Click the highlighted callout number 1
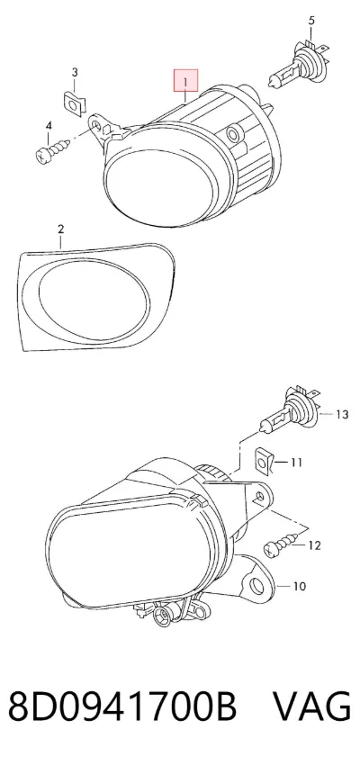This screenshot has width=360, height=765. [x=185, y=81]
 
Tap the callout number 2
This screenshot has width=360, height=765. [x=60, y=229]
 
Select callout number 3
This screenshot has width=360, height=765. [x=75, y=73]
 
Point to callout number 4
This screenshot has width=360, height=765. [x=49, y=126]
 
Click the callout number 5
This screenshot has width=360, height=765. [x=311, y=21]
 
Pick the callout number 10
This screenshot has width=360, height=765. [x=299, y=586]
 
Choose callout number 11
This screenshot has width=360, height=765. [x=297, y=462]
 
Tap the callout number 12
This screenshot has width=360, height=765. [x=315, y=545]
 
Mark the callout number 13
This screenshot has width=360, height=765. [x=342, y=415]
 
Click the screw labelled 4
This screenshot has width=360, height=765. [x=53, y=148]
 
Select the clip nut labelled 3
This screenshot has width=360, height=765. [x=75, y=102]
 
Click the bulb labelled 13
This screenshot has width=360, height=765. [x=289, y=409]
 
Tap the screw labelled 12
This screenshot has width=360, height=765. [x=281, y=544]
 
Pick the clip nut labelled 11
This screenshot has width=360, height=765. [x=264, y=461]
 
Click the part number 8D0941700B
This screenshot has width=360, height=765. [x=122, y=706]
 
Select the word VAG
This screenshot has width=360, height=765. [x=311, y=706]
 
